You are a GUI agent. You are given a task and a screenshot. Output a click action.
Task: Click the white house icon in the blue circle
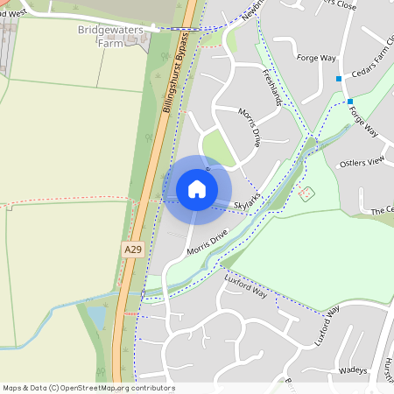coord(197,188)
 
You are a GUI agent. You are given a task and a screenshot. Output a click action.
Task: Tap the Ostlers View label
coord(362,162)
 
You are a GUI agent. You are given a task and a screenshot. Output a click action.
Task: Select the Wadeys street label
coord(352,370)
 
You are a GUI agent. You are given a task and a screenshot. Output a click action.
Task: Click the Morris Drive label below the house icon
coord(206,243)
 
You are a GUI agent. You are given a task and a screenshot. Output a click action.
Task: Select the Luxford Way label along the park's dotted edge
coord(244,282)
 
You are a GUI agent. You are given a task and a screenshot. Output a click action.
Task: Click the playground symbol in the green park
coord(306,193)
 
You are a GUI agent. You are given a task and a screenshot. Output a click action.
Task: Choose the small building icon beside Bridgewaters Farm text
coord(131,40)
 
